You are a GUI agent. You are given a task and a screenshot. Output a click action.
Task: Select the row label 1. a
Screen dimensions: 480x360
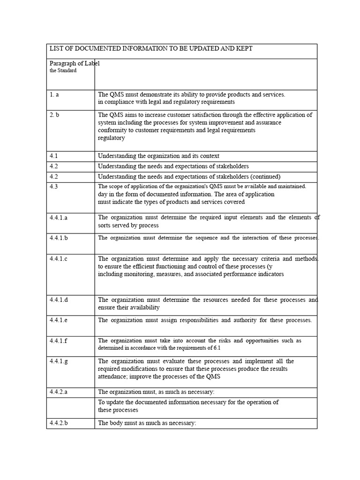(x=54, y=95)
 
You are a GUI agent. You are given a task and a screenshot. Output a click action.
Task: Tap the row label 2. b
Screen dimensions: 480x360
(x=55, y=115)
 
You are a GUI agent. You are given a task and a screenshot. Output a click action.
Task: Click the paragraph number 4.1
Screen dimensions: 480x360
(x=54, y=156)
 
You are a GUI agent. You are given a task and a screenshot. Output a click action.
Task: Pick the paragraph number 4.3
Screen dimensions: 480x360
(x=54, y=187)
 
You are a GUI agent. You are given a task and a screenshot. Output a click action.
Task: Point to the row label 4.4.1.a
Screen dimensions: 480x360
(x=59, y=217)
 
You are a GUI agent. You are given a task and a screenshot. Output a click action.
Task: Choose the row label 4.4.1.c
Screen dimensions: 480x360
(x=59, y=259)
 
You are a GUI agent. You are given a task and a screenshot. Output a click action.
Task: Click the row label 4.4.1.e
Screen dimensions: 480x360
(x=59, y=320)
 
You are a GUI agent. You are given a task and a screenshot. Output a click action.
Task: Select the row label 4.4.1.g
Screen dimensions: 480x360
(x=59, y=361)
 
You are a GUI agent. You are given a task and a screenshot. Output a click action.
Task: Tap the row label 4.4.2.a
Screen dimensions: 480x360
(x=60, y=392)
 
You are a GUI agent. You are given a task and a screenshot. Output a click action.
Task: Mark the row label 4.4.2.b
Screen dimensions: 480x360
(x=60, y=423)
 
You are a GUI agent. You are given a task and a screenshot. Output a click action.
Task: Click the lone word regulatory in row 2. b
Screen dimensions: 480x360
(x=111, y=138)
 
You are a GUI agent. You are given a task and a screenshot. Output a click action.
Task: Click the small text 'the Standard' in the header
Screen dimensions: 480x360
(x=63, y=71)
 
